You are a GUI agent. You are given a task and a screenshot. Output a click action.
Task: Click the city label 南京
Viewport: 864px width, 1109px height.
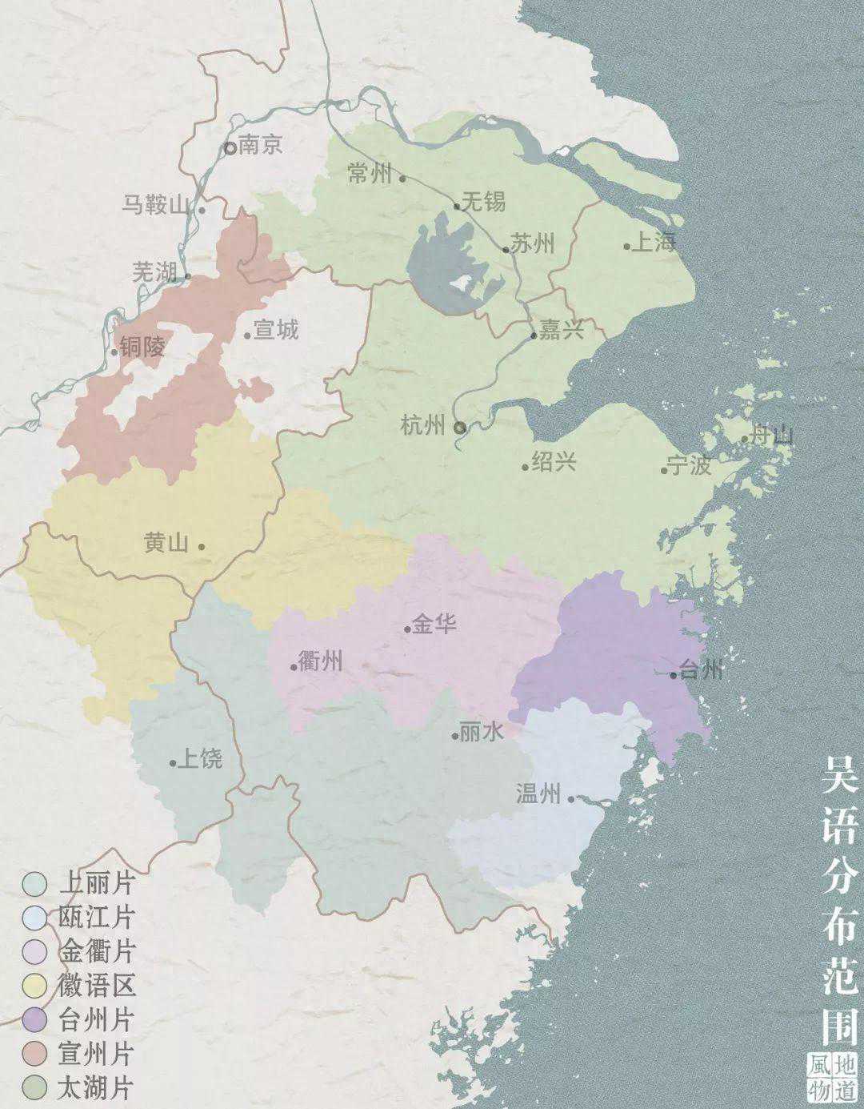point(261,147)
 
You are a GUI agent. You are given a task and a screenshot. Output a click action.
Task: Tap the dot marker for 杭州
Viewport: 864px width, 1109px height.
point(460,428)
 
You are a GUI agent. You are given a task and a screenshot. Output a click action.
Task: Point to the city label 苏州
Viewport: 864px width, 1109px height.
point(533,244)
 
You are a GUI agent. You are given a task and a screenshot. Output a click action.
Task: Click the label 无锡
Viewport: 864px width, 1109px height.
point(484,201)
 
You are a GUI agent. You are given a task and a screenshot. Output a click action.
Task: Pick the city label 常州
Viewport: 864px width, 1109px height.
point(370,173)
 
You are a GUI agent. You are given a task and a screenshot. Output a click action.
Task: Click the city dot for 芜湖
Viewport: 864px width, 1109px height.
point(188,277)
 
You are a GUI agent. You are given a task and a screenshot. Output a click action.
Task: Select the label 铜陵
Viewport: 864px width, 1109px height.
point(144,347)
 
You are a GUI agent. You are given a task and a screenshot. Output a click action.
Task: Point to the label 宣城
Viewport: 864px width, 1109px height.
point(275,329)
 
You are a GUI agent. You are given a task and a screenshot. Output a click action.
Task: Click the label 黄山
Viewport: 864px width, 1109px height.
point(166,543)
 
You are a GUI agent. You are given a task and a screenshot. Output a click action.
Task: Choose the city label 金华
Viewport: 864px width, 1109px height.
point(434,623)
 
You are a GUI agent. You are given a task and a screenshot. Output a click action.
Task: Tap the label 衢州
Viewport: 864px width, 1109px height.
point(320,661)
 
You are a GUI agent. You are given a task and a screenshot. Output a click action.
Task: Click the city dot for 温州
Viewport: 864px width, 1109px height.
point(571,798)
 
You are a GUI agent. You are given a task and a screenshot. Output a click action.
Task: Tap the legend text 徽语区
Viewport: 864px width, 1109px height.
point(97,985)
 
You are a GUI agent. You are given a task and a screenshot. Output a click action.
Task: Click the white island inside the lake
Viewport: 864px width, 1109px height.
point(459,283)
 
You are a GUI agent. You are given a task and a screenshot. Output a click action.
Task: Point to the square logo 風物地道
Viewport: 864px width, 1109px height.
point(832,1076)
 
